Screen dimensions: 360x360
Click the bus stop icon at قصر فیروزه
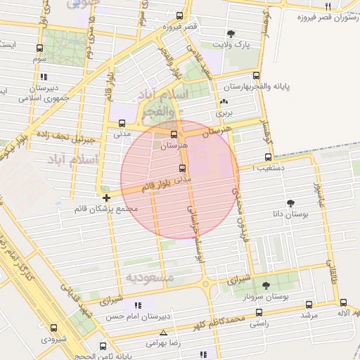(180, 15)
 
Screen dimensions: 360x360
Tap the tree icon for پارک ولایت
(231, 34)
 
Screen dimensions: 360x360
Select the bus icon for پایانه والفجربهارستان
(256, 75)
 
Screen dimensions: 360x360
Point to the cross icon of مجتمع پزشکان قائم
(105, 198)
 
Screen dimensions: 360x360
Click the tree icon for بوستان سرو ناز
(266, 285)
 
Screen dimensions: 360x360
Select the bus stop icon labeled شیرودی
(54, 327)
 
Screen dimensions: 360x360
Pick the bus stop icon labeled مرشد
(308, 304)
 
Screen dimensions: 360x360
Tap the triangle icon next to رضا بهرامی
(164, 333)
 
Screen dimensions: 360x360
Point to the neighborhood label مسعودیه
(150, 277)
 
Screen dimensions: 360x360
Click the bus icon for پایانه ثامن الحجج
(103, 346)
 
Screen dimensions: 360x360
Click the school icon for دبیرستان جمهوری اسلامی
(44, 77)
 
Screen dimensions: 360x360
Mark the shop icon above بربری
(224, 101)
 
